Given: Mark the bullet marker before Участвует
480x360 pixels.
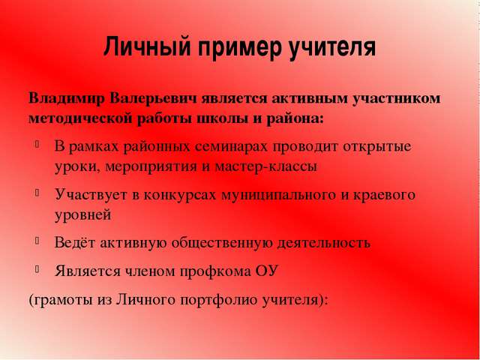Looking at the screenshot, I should click(x=37, y=193).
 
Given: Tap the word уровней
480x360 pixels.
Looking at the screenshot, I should click(x=82, y=214).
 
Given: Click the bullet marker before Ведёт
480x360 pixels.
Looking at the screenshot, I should click(x=37, y=241).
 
